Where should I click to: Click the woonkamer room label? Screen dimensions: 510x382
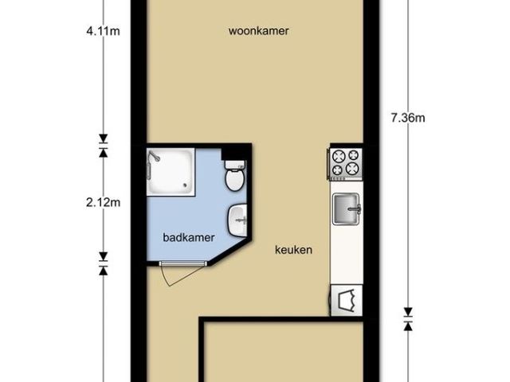258,31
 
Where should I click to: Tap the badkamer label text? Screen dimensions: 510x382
189,237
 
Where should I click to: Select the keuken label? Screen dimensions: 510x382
294,250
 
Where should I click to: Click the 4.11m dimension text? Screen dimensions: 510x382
103,31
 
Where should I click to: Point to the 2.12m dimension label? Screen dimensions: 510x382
103,203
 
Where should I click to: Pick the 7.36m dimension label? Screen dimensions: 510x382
408,118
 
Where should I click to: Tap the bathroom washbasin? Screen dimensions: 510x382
237,220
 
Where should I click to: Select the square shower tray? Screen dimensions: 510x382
171,172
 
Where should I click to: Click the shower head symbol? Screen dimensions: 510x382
154,158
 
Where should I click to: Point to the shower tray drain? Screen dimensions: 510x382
186,185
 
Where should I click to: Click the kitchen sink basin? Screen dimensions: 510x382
345,209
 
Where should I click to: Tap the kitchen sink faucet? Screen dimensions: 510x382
355,209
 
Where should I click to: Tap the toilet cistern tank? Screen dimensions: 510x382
235,165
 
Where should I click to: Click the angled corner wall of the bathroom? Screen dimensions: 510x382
230,253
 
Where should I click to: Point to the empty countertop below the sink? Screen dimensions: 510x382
347,255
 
